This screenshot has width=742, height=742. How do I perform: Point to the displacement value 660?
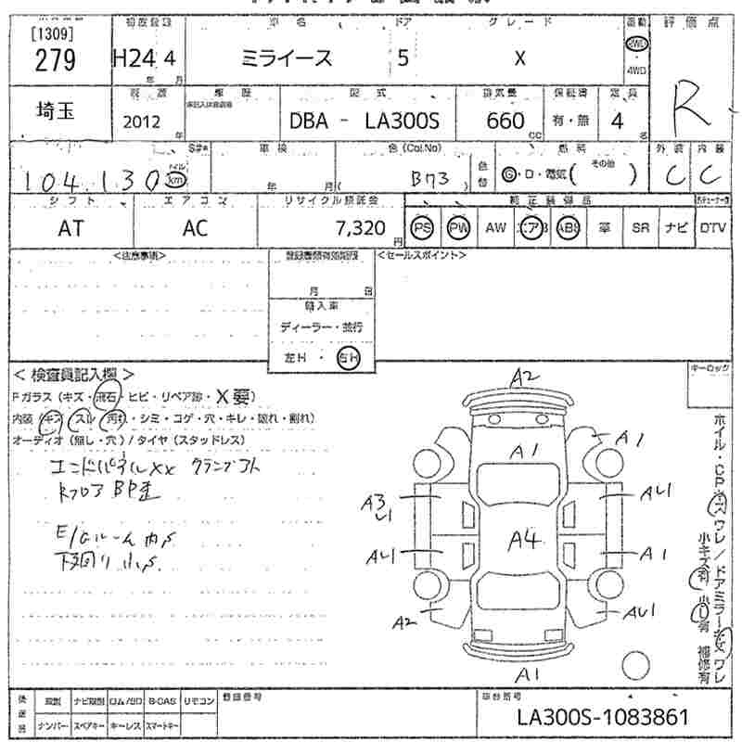[x=506, y=121]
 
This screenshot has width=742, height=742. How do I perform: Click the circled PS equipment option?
[x=423, y=228]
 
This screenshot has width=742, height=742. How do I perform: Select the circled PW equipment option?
[x=458, y=228]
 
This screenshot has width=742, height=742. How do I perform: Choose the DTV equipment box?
[x=711, y=228]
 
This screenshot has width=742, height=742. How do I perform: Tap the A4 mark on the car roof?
[x=523, y=542]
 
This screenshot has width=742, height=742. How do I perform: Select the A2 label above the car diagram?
[x=525, y=376]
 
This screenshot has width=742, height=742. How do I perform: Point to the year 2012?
[x=142, y=122]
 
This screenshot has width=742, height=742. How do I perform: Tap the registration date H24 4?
[x=144, y=58]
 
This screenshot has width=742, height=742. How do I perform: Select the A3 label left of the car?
[x=373, y=505]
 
